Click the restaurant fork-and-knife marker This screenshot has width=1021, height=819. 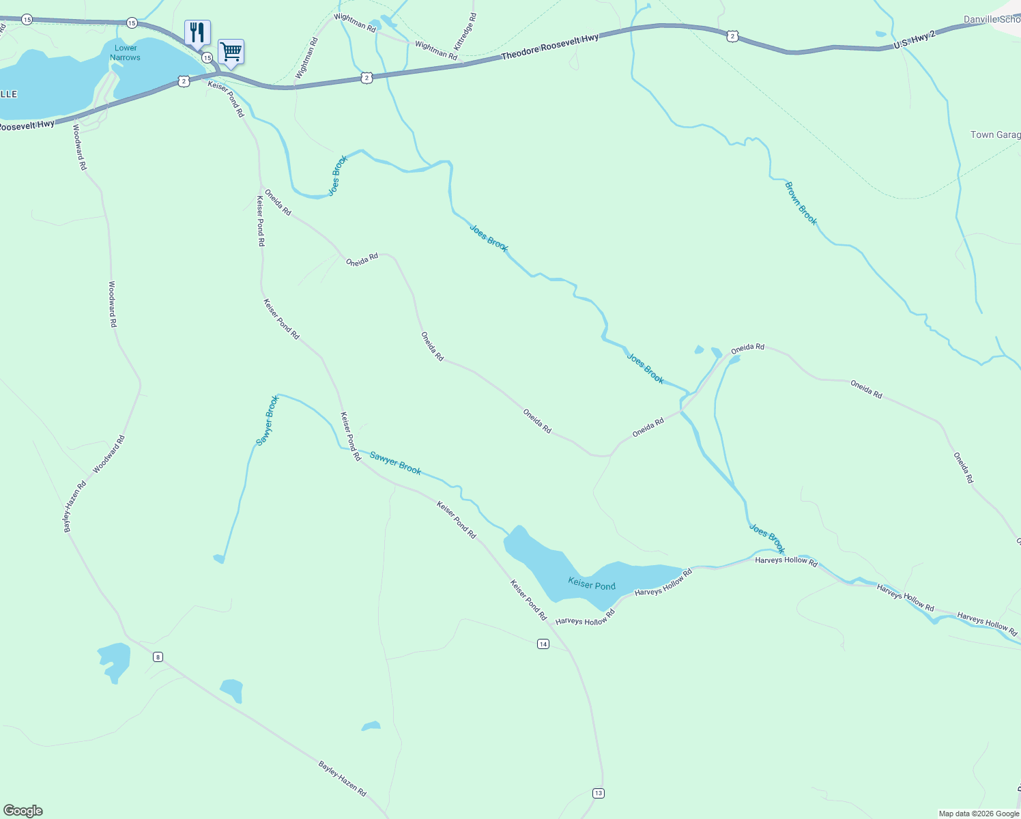[197, 32]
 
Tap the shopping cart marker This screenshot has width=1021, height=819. [231, 51]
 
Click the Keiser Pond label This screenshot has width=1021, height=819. [592, 585]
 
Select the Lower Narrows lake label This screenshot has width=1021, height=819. [126, 53]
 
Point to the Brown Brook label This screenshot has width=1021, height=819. [801, 203]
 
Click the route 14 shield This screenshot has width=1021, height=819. [543, 644]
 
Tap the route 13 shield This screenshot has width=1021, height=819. [598, 792]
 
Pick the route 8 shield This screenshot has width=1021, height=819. [158, 657]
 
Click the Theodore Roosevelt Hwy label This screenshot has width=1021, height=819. [549, 47]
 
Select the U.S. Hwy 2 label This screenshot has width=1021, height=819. [915, 40]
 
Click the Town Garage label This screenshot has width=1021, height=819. [995, 135]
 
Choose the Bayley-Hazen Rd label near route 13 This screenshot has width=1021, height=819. [342, 779]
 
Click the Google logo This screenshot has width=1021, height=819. [23, 811]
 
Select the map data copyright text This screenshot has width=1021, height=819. [979, 814]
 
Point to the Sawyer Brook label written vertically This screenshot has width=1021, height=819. [268, 420]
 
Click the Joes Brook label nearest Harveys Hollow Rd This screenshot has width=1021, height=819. [767, 538]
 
